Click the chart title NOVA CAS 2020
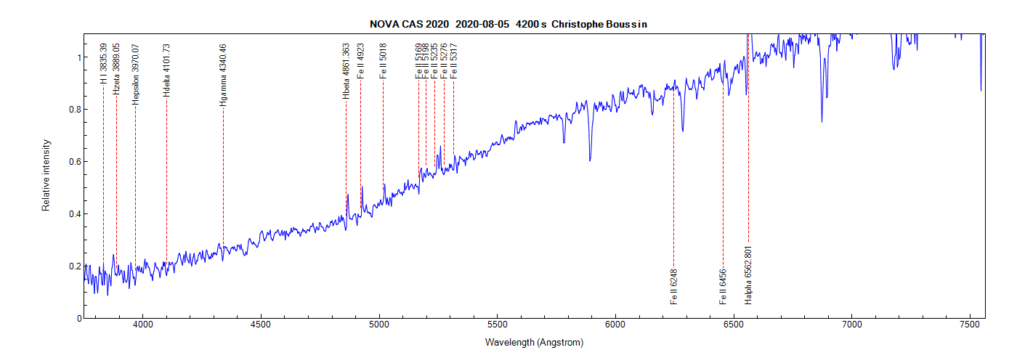(409, 24)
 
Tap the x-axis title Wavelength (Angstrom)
(534, 342)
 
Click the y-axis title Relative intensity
(46, 176)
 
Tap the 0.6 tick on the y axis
(75, 161)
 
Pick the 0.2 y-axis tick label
(75, 266)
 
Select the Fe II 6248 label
(674, 287)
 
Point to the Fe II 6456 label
(723, 287)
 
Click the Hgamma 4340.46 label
(223, 76)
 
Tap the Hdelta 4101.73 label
(166, 70)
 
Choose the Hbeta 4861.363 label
(346, 71)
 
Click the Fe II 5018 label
(383, 61)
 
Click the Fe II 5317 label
(453, 61)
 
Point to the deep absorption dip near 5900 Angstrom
(590, 159)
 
